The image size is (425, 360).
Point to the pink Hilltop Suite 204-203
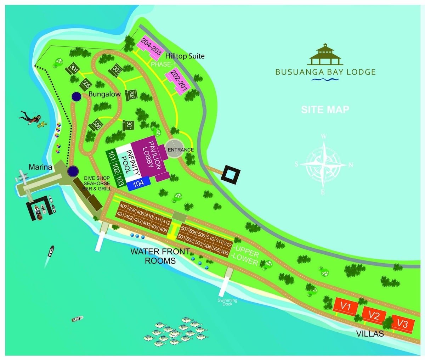point(151,48)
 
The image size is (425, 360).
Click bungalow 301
point(129,125)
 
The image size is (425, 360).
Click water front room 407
point(123,207)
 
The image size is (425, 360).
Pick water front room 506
point(224,252)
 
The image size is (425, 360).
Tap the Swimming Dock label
point(227,302)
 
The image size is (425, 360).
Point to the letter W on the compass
point(324,136)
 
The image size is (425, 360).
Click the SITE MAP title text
point(325,109)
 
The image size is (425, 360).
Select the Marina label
point(41,167)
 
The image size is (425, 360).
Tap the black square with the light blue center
point(231,174)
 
